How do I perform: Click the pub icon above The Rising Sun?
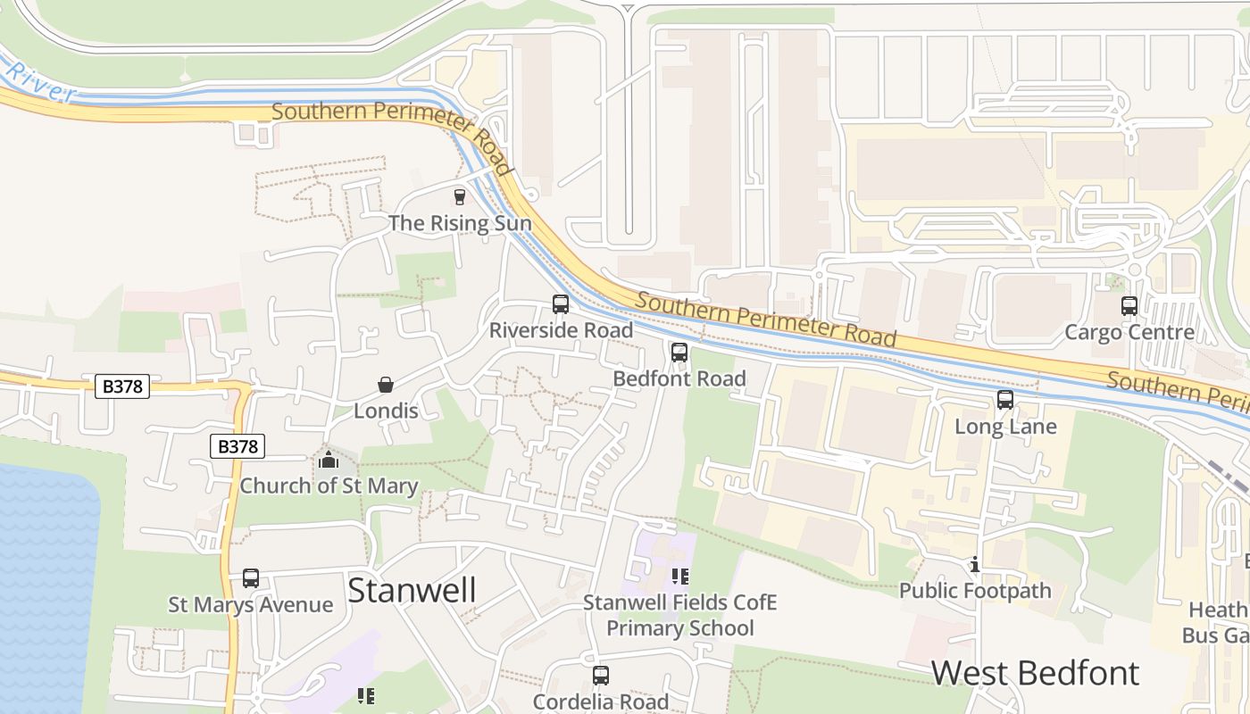(460, 196)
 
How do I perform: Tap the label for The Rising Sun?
(460, 223)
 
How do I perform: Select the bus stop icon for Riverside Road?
(560, 304)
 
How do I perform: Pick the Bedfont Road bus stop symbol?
(679, 353)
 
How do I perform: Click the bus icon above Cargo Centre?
(1129, 306)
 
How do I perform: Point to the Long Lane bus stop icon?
(1005, 400)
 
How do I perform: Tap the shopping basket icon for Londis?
(386, 385)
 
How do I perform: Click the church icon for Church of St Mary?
(329, 461)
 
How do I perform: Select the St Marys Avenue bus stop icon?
(251, 578)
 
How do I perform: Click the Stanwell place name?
(412, 591)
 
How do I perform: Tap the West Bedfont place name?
(1035, 673)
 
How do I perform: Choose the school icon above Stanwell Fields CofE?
(680, 577)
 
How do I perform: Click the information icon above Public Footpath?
(975, 564)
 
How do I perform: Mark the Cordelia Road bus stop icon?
(601, 676)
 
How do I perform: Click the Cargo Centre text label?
(1129, 333)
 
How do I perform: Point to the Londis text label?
(386, 411)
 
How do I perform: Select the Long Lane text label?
(1005, 427)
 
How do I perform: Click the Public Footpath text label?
(975, 591)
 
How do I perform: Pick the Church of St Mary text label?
(329, 486)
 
